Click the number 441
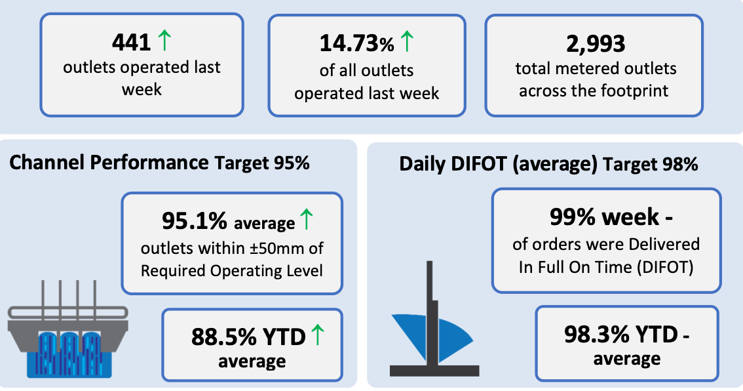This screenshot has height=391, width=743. [x=131, y=42]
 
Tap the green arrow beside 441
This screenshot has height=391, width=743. [x=164, y=40]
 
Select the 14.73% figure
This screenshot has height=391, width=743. [x=357, y=44]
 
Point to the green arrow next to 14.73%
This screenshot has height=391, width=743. [x=407, y=41]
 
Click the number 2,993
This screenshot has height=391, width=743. [x=596, y=44]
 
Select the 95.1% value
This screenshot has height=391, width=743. [x=195, y=220]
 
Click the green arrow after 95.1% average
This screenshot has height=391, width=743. [x=307, y=219]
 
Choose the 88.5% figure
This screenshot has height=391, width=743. [x=224, y=337]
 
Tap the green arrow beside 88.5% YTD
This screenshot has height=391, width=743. [x=318, y=334]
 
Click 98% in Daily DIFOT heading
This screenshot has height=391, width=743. [x=681, y=164]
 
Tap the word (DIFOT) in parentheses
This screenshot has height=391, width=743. [x=665, y=267]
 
